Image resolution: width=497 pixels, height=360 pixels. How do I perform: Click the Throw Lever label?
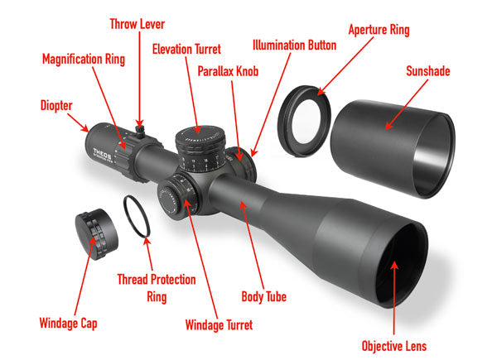pyautogui.click(x=138, y=24)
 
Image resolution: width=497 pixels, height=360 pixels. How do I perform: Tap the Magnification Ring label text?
pyautogui.click(x=84, y=60)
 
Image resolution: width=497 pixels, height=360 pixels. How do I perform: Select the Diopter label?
pyautogui.click(x=56, y=106)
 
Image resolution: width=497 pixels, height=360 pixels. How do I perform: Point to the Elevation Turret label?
pyautogui.click(x=186, y=49)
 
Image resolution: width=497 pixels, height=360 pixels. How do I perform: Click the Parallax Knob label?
pyautogui.click(x=228, y=71)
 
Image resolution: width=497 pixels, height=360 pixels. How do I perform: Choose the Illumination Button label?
pyautogui.click(x=294, y=46)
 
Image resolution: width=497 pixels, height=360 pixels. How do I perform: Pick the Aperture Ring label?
pyautogui.click(x=379, y=30)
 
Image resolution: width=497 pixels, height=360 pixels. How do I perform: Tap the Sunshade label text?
pyautogui.click(x=428, y=71)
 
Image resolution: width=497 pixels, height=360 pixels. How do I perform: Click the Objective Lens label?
pyautogui.click(x=394, y=346)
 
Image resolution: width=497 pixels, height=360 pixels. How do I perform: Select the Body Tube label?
pyautogui.click(x=263, y=296)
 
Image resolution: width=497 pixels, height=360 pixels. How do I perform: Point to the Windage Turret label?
pyautogui.click(x=219, y=325)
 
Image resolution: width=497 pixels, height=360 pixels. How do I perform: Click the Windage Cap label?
pyautogui.click(x=68, y=324)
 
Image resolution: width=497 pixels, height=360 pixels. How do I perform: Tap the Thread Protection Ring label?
pyautogui.click(x=157, y=288)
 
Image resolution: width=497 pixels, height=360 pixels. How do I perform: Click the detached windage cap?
pyautogui.click(x=96, y=234)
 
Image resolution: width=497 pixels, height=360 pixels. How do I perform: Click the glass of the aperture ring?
pyautogui.click(x=306, y=122)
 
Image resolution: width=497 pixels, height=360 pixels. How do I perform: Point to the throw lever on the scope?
pyautogui.click(x=140, y=131)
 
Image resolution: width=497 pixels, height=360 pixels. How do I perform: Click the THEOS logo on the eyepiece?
pyautogui.click(x=102, y=153)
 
